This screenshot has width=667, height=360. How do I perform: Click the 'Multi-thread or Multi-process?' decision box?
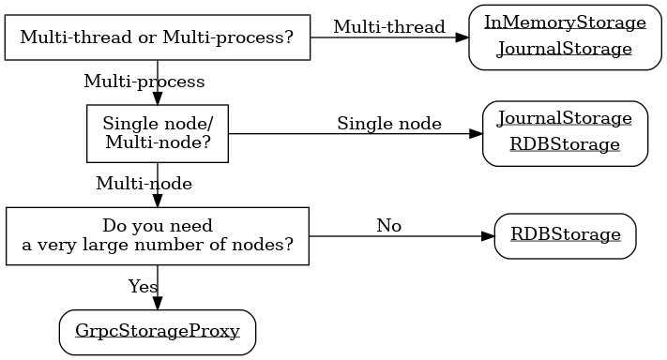[157, 37]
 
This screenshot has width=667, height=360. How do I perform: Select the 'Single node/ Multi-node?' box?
[158, 133]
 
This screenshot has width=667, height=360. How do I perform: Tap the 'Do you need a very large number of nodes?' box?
[158, 236]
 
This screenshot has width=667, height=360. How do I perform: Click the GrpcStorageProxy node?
[158, 332]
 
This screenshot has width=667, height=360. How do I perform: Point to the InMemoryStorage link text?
[565, 22]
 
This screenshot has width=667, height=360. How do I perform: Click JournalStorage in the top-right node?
[565, 50]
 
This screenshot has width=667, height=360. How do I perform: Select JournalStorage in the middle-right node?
[565, 118]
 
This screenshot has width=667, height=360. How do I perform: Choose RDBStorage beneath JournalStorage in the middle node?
[565, 145]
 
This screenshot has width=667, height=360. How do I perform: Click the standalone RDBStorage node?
[565, 234]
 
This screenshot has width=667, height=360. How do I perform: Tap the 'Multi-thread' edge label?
[388, 27]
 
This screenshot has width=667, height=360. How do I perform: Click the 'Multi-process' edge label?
[144, 82]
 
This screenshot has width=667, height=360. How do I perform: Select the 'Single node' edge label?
[388, 124]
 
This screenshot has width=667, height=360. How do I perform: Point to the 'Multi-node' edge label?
[144, 184]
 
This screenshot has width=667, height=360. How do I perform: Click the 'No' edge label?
[388, 226]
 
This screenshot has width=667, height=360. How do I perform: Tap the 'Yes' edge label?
[143, 287]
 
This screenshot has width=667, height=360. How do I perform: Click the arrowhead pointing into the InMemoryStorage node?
[462, 37]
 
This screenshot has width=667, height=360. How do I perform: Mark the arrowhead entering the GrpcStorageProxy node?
[158, 303]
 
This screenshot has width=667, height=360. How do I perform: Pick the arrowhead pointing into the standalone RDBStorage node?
[487, 236]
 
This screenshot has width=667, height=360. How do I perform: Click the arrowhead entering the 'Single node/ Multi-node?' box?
[158, 98]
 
